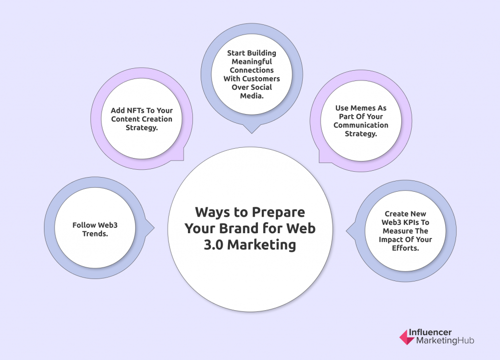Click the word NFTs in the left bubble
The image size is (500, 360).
coord(136,111)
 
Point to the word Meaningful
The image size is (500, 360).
coord(251,62)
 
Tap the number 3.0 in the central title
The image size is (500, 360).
coord(213,245)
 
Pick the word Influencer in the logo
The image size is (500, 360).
coord(430,332)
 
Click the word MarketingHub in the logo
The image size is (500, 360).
coord(445,340)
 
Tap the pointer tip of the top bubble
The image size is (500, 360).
coord(251,133)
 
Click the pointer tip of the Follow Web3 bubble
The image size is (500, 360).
coord(154,228)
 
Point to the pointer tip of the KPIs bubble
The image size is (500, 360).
coord(347,231)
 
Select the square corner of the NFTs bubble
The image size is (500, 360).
coord(183,160)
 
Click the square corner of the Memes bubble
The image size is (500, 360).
coord(319,162)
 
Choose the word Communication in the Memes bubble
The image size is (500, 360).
coord(361,125)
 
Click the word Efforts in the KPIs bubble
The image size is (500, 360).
coord(405,248)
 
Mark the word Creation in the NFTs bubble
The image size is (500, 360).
coord(158,119)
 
